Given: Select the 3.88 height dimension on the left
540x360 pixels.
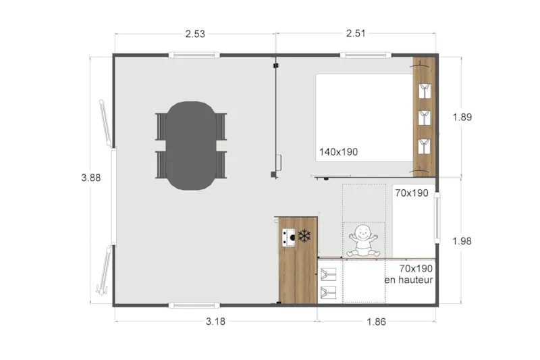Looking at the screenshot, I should point(92,178).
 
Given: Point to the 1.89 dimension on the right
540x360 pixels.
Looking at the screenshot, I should point(462,117).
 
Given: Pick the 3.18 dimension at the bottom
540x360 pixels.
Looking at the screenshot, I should point(215,322).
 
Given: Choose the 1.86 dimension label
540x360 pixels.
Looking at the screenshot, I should point(376,322).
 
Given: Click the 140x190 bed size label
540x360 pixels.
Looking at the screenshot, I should point(339,153).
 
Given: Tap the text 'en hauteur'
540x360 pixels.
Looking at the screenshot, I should point(408,280).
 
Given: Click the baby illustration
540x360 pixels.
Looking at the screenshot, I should point(363,241).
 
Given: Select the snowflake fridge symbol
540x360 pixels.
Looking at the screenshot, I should point(304,236).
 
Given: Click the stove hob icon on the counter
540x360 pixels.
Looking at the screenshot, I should point(288,237).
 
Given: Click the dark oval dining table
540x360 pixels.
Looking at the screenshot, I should point(190,145).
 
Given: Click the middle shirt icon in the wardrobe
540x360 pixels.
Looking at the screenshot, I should point(423,117).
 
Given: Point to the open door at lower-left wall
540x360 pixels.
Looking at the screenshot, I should point(105,270).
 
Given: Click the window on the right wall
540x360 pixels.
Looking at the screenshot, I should point(437,217).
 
